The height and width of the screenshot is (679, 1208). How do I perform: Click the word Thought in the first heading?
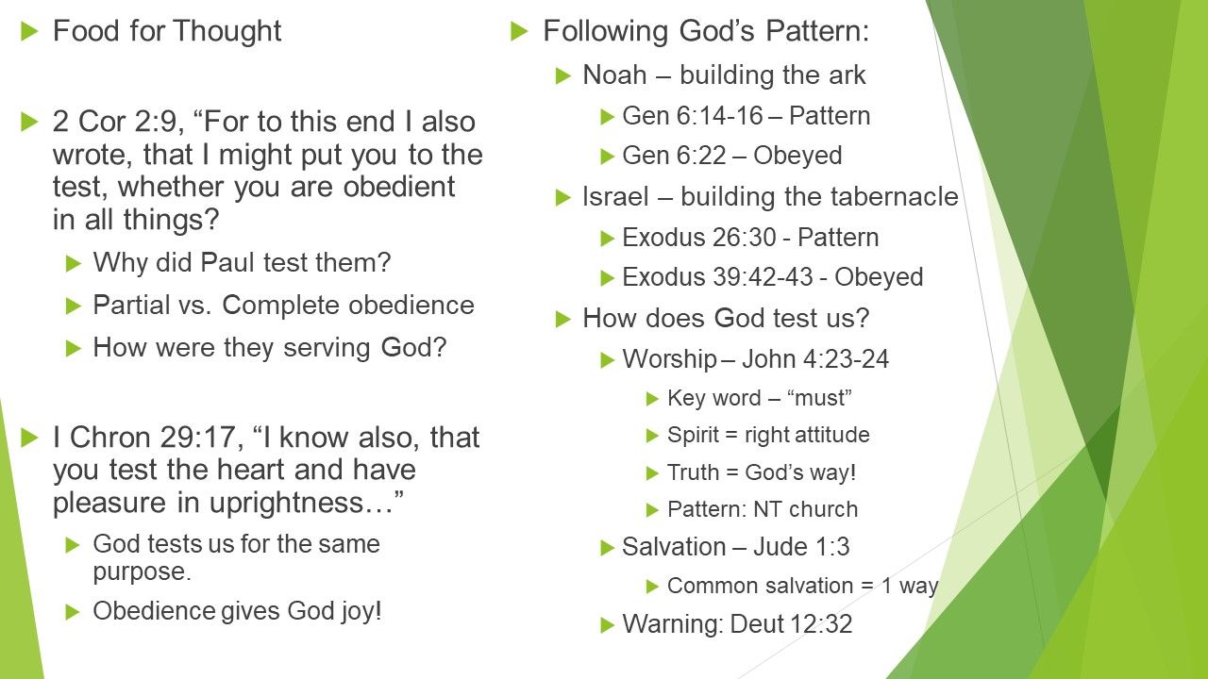coord(227,31)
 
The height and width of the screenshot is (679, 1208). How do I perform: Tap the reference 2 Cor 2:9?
coord(118,122)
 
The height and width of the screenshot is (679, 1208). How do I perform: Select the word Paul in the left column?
coord(228,263)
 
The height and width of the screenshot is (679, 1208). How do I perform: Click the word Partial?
coord(131,305)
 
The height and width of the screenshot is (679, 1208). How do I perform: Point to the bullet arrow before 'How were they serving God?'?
coord(73,348)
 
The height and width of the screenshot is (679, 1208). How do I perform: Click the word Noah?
coord(614,75)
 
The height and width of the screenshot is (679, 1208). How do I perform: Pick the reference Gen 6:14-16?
coord(693,116)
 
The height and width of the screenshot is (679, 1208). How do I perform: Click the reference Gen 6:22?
coord(674,156)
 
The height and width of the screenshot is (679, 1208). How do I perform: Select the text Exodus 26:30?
coord(699,238)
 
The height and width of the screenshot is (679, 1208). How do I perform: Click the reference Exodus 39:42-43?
coord(718,277)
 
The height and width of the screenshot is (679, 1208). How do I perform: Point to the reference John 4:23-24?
coord(815,359)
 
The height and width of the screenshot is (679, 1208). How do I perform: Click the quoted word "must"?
coord(819,398)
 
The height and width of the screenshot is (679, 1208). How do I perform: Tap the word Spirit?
coord(693,436)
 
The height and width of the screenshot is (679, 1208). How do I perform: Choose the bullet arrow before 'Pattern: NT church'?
coord(652,510)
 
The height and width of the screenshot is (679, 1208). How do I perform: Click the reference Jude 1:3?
coord(801,547)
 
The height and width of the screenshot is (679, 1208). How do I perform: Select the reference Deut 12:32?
coord(791,624)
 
